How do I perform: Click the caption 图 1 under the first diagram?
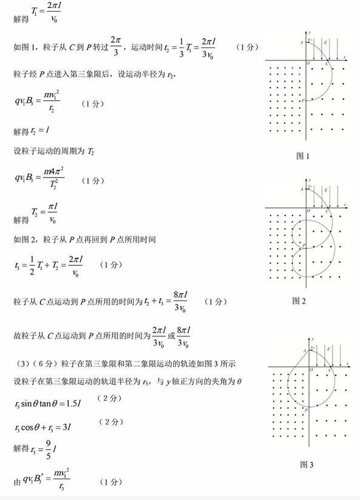(303, 156)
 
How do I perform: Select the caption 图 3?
(306, 465)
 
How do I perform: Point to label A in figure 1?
(302, 42)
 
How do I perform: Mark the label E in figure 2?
(326, 190)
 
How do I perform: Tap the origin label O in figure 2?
(307, 210)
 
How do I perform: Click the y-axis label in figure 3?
(313, 338)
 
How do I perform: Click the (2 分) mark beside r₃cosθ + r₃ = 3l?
(111, 422)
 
